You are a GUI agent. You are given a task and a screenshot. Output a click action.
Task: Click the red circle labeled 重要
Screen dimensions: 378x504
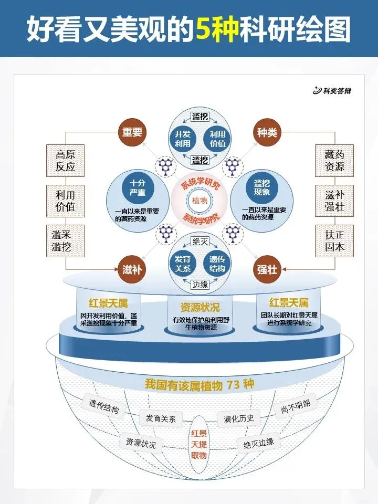tap(132, 132)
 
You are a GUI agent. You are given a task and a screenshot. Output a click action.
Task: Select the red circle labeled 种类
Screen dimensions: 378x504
tap(267, 132)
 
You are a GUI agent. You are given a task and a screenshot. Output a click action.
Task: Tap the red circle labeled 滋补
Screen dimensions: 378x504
tap(132, 269)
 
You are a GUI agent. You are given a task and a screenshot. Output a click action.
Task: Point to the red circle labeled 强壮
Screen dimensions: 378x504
tap(267, 269)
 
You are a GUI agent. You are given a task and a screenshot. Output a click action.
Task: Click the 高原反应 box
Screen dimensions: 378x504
tap(66, 161)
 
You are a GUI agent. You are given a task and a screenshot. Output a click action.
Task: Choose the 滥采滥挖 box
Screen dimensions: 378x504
tap(66, 240)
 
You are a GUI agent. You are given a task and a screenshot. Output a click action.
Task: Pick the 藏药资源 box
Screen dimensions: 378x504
tap(334, 161)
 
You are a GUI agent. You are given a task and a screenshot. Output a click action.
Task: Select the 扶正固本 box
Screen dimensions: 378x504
tap(334, 240)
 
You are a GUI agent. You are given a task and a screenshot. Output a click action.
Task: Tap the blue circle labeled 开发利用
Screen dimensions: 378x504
tap(182, 138)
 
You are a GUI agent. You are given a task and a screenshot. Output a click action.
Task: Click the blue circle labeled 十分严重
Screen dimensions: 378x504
tap(138, 188)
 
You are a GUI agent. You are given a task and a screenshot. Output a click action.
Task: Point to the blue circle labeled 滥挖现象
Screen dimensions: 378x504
tap(261, 188)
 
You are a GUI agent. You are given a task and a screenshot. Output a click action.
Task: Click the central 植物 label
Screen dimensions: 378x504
tap(199, 201)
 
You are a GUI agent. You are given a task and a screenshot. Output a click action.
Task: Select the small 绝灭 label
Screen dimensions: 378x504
tap(200, 242)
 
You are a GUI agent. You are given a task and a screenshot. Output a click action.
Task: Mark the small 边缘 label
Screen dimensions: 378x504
tap(200, 284)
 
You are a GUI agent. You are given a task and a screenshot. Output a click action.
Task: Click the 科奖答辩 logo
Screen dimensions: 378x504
tap(332, 91)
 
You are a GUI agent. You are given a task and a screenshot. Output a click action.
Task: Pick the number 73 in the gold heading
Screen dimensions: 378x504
tap(235, 384)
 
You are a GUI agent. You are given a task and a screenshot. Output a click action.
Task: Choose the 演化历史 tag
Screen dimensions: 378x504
tap(239, 418)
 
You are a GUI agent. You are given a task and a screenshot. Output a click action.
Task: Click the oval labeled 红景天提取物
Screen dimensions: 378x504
tap(199, 445)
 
